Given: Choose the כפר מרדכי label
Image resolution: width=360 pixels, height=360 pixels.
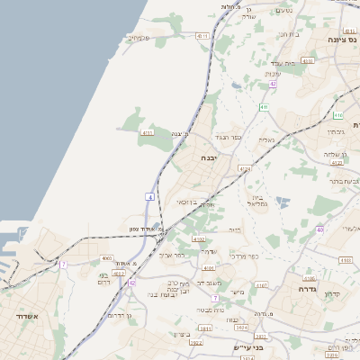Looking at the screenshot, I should pos(243,256).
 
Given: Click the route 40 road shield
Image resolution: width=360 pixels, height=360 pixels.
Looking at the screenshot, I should pos(319,229).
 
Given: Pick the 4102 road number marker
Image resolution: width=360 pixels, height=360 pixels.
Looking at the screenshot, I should pos(199,239).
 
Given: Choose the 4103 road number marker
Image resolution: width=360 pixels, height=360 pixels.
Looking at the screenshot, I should pos(345,260).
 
